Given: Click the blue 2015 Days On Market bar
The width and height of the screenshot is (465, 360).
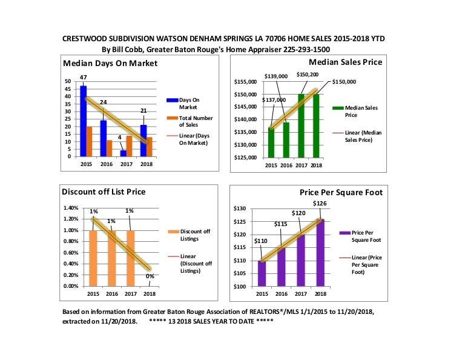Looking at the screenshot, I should click(x=83, y=121).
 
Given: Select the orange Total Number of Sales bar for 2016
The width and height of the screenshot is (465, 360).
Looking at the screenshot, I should click(x=109, y=148).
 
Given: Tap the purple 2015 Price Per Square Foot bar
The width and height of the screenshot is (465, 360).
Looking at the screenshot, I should click(x=262, y=273).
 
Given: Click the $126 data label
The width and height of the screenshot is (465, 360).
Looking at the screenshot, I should click(x=320, y=203).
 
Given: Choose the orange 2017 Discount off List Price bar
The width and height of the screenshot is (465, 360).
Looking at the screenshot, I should click(x=130, y=258).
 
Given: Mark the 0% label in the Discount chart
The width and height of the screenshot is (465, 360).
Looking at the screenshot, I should click(x=150, y=276).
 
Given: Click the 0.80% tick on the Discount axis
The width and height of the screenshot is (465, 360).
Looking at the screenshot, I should click(x=71, y=241).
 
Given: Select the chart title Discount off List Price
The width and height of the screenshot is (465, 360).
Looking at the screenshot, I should click(x=104, y=192).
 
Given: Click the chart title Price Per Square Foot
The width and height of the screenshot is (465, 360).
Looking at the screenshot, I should click(x=341, y=192).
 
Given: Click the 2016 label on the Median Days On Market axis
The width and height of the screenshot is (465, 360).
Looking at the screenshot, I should click(x=106, y=165).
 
